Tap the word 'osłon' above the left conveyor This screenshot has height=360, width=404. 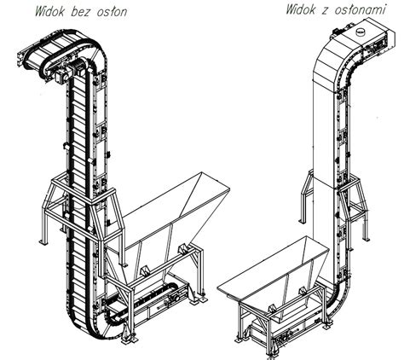113,12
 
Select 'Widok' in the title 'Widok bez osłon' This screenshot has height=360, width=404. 52,12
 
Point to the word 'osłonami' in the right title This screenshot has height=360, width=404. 360,9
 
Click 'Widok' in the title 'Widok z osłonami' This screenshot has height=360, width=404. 302,9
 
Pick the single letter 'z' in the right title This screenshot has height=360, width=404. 326,11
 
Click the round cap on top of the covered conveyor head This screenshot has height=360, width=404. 362,32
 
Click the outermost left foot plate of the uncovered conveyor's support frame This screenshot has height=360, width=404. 43,242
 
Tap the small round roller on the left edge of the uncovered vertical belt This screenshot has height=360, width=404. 66,146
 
